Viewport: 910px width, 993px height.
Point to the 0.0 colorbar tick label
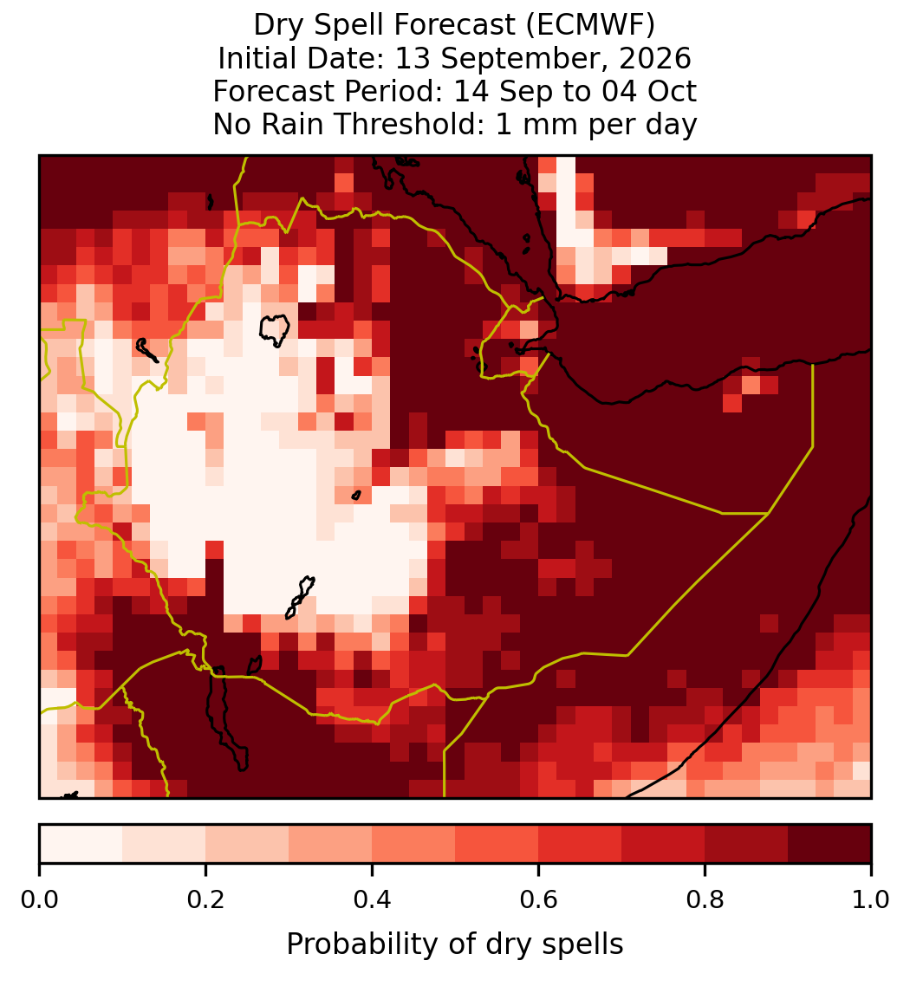pos(40,899)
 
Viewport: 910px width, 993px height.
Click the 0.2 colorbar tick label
pos(205,899)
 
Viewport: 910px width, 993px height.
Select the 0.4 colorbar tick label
pos(373,899)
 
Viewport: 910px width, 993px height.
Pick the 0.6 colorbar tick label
pos(539,899)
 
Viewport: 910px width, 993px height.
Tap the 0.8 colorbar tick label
pos(705,899)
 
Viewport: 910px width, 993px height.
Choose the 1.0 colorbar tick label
pos(871,899)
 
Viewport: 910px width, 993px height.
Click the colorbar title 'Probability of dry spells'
pos(455,944)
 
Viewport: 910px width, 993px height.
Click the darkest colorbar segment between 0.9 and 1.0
pos(830,844)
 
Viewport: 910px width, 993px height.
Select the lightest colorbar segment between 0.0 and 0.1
pos(81,844)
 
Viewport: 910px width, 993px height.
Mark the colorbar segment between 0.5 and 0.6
pos(497,844)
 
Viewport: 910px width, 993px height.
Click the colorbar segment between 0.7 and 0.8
pos(664,844)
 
